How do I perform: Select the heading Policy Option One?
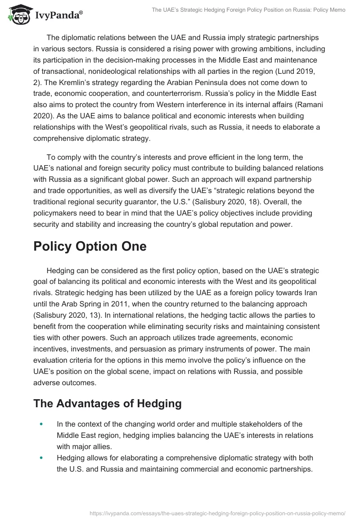tap(90, 247)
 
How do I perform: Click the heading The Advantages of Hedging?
tap(107, 404)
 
